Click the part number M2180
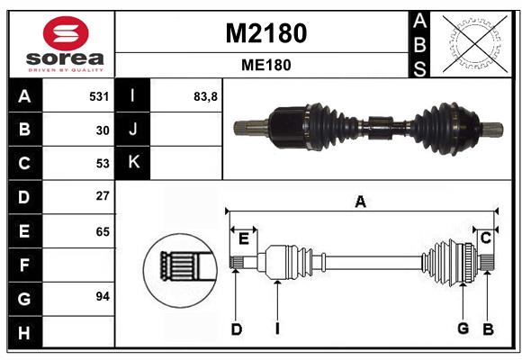266,33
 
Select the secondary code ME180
266,65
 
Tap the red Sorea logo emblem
66,33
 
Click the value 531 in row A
99,96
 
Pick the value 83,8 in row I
205,96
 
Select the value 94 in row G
103,296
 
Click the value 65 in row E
103,231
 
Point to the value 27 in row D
103,196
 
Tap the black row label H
25,332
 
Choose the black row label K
132,163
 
